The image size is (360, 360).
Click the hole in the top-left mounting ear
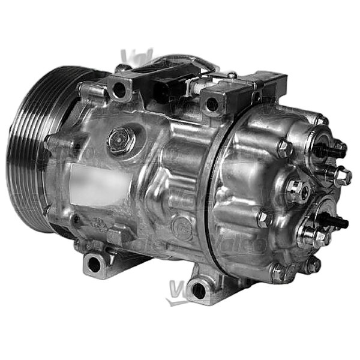[119, 91]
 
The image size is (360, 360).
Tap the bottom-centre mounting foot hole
[198, 292]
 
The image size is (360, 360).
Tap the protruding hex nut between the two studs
[342, 176]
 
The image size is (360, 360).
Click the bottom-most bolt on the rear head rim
[277, 273]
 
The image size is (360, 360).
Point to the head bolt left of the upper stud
[284, 148]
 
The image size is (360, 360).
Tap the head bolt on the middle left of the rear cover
[264, 220]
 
